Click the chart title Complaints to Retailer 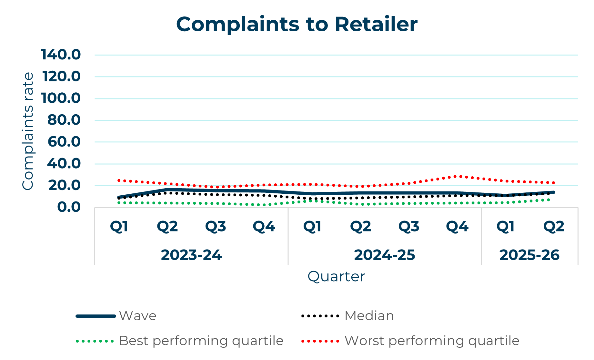pyautogui.click(x=297, y=25)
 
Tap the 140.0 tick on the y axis pyautogui.click(x=61, y=55)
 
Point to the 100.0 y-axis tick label pyautogui.click(x=61, y=98)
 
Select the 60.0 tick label pyautogui.click(x=64, y=142)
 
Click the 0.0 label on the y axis pyautogui.click(x=69, y=207)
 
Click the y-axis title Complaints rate pyautogui.click(x=28, y=131)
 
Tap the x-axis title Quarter pyautogui.click(x=336, y=276)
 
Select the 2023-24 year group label pyautogui.click(x=191, y=255)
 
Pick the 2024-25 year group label pyautogui.click(x=384, y=255)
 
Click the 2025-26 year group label pyautogui.click(x=529, y=255)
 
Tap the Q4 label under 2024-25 pyautogui.click(x=457, y=227)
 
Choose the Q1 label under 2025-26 pyautogui.click(x=505, y=227)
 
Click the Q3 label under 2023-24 pyautogui.click(x=216, y=227)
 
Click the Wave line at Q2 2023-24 pyautogui.click(x=167, y=190)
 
